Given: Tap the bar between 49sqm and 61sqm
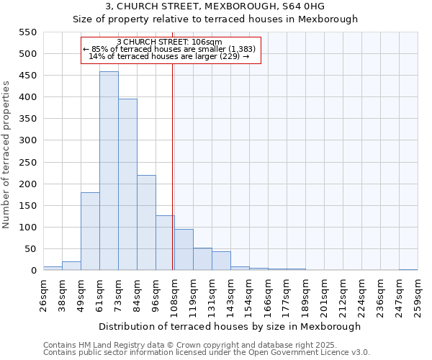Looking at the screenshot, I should [x=90, y=231].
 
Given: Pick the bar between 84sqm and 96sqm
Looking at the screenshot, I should [x=146, y=222].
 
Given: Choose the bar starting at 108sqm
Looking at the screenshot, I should [x=184, y=250].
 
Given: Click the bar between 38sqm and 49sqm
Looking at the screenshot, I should [x=71, y=266].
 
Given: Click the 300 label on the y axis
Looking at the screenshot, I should [x=28, y=140].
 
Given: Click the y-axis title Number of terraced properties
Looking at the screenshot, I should [x=6, y=154].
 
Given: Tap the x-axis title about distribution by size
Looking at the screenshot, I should [x=230, y=326].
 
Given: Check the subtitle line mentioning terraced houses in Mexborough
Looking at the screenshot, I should [x=216, y=19].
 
